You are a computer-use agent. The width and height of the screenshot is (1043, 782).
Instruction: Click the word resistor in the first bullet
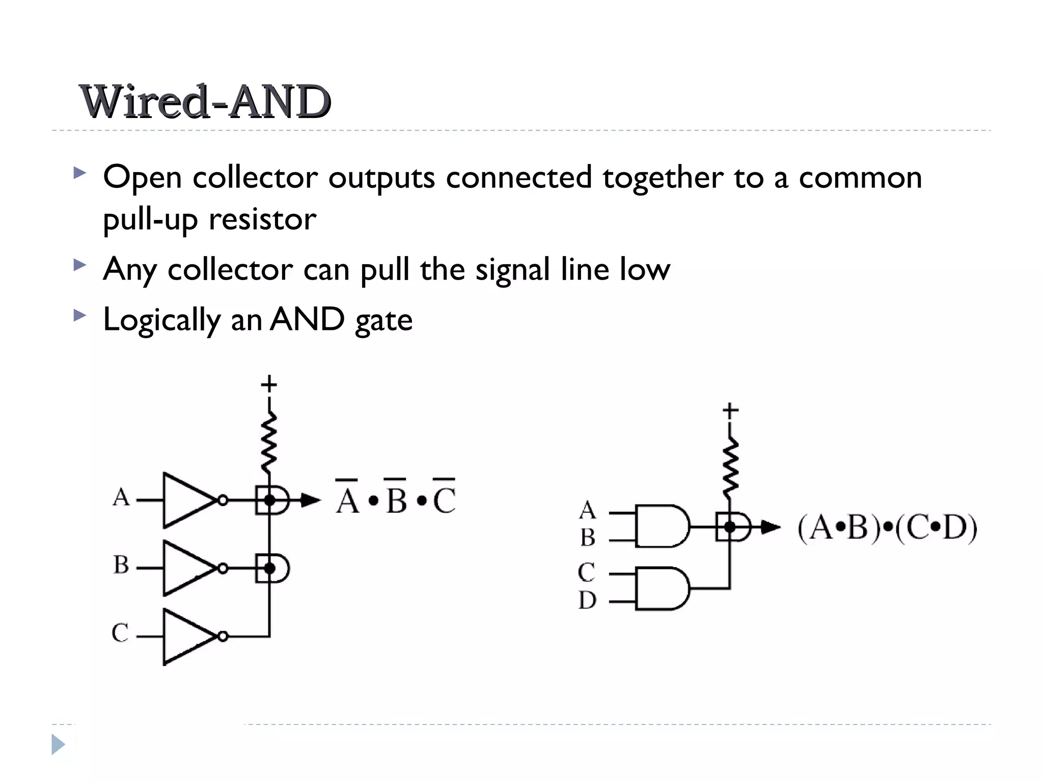click(262, 219)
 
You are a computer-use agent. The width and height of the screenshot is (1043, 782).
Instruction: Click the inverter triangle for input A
click(185, 500)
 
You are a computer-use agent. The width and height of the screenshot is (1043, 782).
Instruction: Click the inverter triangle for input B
click(185, 568)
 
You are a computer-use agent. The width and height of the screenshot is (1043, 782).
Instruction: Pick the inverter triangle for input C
click(185, 636)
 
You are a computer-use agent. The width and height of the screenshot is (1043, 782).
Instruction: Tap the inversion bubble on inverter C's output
click(223, 636)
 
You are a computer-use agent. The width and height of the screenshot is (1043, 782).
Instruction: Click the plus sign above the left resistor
click(269, 384)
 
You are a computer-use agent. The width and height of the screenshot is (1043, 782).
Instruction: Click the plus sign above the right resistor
click(730, 410)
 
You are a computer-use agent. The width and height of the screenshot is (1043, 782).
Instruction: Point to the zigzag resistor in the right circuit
click(730, 468)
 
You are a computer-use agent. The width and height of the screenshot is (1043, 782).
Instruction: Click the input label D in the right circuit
click(587, 601)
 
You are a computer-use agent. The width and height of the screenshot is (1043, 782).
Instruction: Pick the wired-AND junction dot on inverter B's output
click(269, 568)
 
